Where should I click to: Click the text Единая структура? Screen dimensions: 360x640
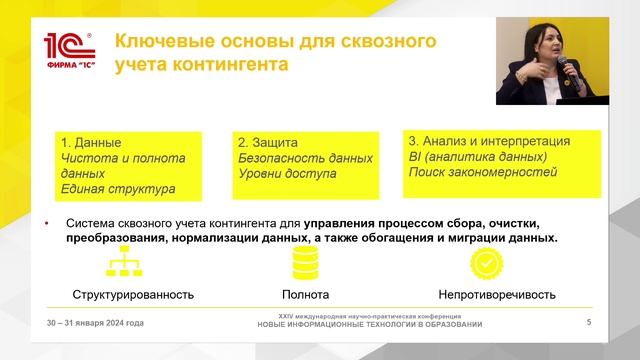(118, 188)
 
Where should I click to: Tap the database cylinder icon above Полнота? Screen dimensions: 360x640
(305, 264)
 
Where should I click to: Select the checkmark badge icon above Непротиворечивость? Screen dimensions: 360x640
(486, 264)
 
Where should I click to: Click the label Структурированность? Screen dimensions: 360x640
(132, 295)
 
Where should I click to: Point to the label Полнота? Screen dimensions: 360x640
(305, 295)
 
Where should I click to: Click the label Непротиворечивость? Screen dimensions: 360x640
(497, 295)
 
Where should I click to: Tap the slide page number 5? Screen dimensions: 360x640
(588, 322)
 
